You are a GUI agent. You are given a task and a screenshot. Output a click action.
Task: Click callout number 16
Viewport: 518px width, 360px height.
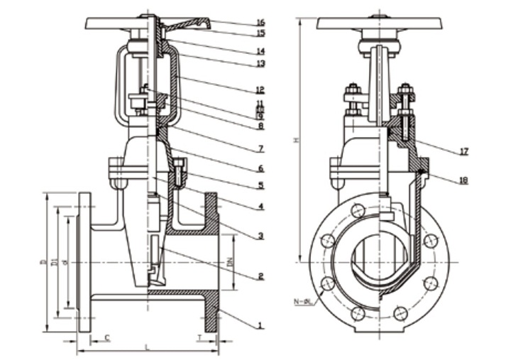[x=261, y=22]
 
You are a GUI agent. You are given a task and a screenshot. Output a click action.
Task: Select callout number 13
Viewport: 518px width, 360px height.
[x=261, y=63]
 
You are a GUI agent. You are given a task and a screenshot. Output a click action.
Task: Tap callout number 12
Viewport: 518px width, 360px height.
[x=261, y=90]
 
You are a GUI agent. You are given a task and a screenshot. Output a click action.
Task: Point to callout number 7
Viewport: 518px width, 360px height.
[x=261, y=148]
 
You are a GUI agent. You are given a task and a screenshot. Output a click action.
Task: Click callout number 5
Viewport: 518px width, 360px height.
[x=261, y=185]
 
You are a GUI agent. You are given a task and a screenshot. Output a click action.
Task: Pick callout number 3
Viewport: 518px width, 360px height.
[x=261, y=236]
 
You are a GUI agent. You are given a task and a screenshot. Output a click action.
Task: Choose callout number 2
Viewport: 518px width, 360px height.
[x=261, y=276]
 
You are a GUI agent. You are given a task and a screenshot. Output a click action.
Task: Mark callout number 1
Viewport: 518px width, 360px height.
[x=261, y=326]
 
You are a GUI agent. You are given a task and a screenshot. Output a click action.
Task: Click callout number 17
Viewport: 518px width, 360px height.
[x=463, y=151]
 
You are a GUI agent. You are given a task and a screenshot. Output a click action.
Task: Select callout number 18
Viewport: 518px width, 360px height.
[x=463, y=180]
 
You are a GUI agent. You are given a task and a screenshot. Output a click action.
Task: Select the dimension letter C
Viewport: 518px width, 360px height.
[x=106, y=337]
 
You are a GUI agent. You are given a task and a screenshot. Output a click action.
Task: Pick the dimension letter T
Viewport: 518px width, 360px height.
[x=199, y=337]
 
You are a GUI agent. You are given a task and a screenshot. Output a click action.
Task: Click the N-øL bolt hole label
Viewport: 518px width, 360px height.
[x=303, y=303]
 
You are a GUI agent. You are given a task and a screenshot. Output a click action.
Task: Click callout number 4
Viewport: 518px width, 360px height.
[x=261, y=207]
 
